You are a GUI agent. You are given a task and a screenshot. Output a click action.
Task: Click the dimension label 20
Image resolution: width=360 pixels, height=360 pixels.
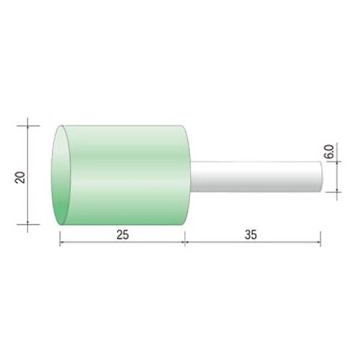(20, 177)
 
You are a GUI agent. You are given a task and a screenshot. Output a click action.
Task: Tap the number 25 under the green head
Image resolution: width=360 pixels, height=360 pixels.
(123, 235)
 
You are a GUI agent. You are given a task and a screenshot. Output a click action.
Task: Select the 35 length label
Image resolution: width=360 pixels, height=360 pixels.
(251, 235)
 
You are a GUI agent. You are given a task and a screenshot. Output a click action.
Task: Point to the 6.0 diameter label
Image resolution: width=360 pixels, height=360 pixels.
(330, 151)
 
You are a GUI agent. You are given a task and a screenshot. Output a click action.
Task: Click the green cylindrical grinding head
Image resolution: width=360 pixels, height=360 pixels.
(121, 175)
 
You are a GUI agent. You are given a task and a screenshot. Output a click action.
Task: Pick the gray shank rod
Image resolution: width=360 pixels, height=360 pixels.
(256, 176)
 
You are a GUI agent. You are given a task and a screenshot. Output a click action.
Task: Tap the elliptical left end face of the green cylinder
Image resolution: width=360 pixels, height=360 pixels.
(61, 175)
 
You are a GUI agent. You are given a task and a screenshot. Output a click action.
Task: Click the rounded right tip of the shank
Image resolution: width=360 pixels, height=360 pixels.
(321, 176)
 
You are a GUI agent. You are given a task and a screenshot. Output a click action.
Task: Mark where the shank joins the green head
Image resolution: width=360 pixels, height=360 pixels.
(191, 176)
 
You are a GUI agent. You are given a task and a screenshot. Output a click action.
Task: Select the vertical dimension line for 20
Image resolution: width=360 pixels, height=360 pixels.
(27, 175)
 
